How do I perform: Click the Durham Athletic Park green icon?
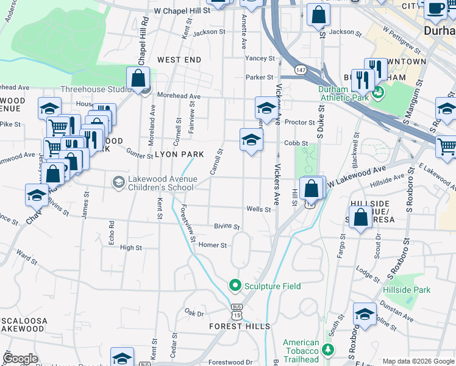click(x=378, y=92)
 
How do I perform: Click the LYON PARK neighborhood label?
click(x=179, y=154)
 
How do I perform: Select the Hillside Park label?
click(x=407, y=290)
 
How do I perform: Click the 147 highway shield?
click(x=301, y=71)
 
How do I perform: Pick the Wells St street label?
click(x=258, y=209)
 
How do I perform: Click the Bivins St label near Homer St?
click(x=227, y=226)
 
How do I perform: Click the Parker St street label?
click(x=260, y=77)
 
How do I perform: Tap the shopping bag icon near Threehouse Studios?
click(x=138, y=78)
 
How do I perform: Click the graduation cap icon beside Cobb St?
click(x=251, y=140)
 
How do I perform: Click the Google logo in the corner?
click(x=20, y=359)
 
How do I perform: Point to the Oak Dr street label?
click(x=194, y=313)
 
